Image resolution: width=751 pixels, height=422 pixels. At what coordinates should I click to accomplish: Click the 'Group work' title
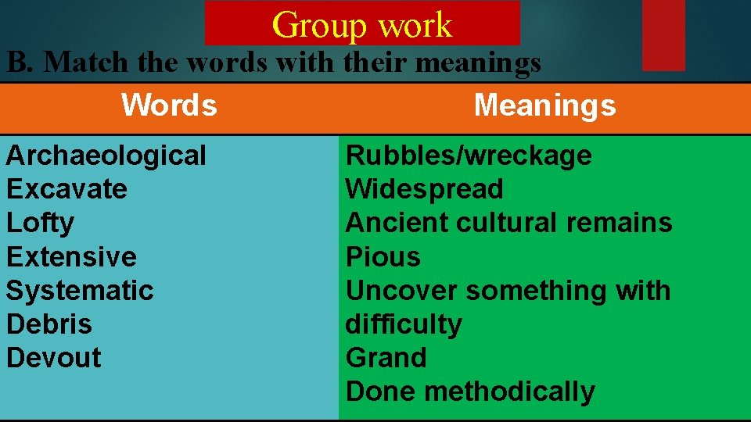(362, 24)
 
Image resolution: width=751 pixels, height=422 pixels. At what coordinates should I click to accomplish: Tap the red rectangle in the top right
(663, 35)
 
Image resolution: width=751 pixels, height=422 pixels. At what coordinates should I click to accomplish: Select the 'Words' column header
(169, 105)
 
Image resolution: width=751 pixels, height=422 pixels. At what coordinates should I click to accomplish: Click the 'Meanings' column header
(544, 105)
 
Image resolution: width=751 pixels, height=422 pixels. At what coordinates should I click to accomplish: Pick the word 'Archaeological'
(106, 156)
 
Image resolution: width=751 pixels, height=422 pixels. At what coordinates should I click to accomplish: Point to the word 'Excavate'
(66, 189)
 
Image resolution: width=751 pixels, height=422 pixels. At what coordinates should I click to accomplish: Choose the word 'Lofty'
(41, 223)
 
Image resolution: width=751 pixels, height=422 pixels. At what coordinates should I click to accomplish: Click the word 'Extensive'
(71, 256)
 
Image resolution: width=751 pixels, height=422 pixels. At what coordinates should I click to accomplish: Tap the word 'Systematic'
(80, 290)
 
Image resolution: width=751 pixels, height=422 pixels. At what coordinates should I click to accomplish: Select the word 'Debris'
(49, 324)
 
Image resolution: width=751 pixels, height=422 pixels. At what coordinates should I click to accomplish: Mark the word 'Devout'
(54, 357)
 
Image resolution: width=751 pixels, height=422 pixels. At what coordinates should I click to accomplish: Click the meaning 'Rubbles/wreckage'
(469, 156)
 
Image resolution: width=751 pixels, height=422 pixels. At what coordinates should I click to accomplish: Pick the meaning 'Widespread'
(425, 189)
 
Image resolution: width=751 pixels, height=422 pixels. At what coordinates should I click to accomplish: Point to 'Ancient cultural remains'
(508, 223)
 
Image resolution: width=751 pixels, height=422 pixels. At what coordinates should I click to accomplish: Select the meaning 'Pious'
(383, 256)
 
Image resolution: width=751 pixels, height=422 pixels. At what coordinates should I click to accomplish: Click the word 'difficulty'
(404, 324)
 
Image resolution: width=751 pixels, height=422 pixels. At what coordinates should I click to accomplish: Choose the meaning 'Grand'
(386, 357)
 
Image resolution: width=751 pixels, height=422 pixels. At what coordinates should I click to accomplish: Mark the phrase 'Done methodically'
(470, 391)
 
